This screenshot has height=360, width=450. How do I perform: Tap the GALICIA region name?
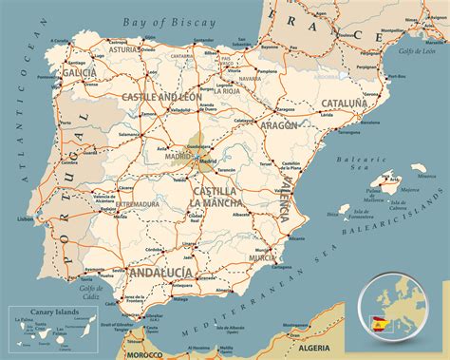pos(77,71)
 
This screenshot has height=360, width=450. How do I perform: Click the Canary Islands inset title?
pos(42,313)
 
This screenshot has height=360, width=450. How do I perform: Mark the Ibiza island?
pos(333,213)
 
